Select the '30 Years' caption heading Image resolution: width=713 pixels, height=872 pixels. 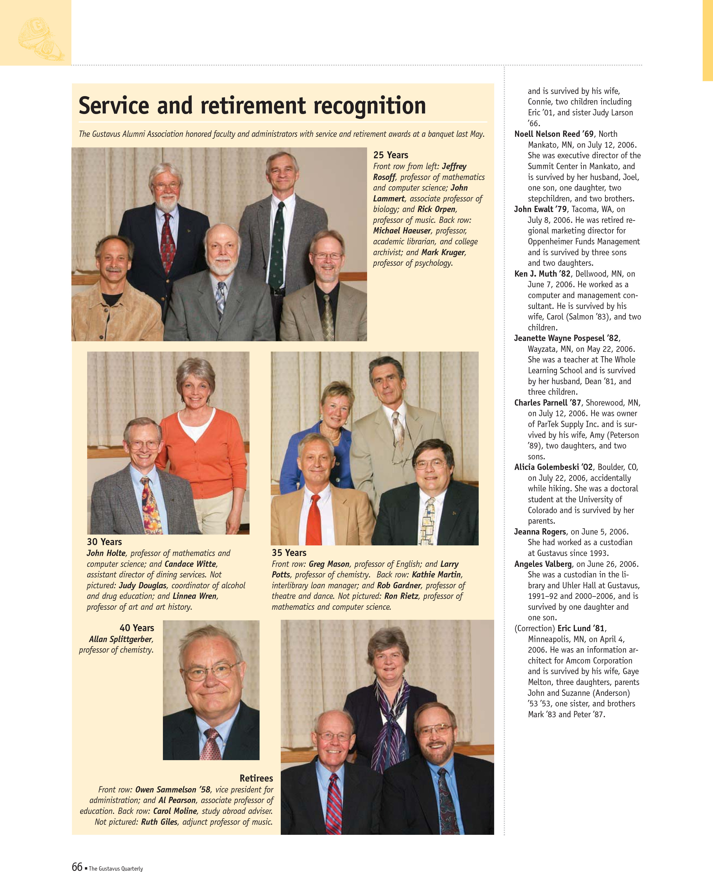(x=104, y=542)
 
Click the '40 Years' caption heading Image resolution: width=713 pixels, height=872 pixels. (x=137, y=628)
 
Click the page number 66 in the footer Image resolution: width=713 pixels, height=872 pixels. (x=77, y=866)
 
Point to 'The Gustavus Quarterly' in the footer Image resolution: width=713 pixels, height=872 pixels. (x=116, y=868)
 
